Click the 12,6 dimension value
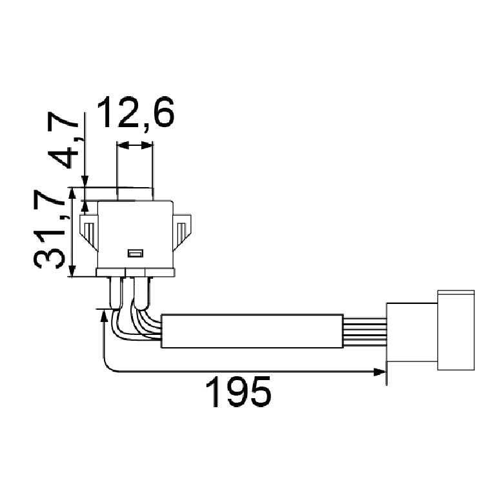click(136, 112)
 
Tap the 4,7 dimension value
click(63, 140)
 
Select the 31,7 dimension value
click(50, 229)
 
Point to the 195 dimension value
click(238, 392)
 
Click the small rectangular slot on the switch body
click(136, 253)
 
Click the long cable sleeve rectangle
click(252, 331)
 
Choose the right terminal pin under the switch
click(142, 294)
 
